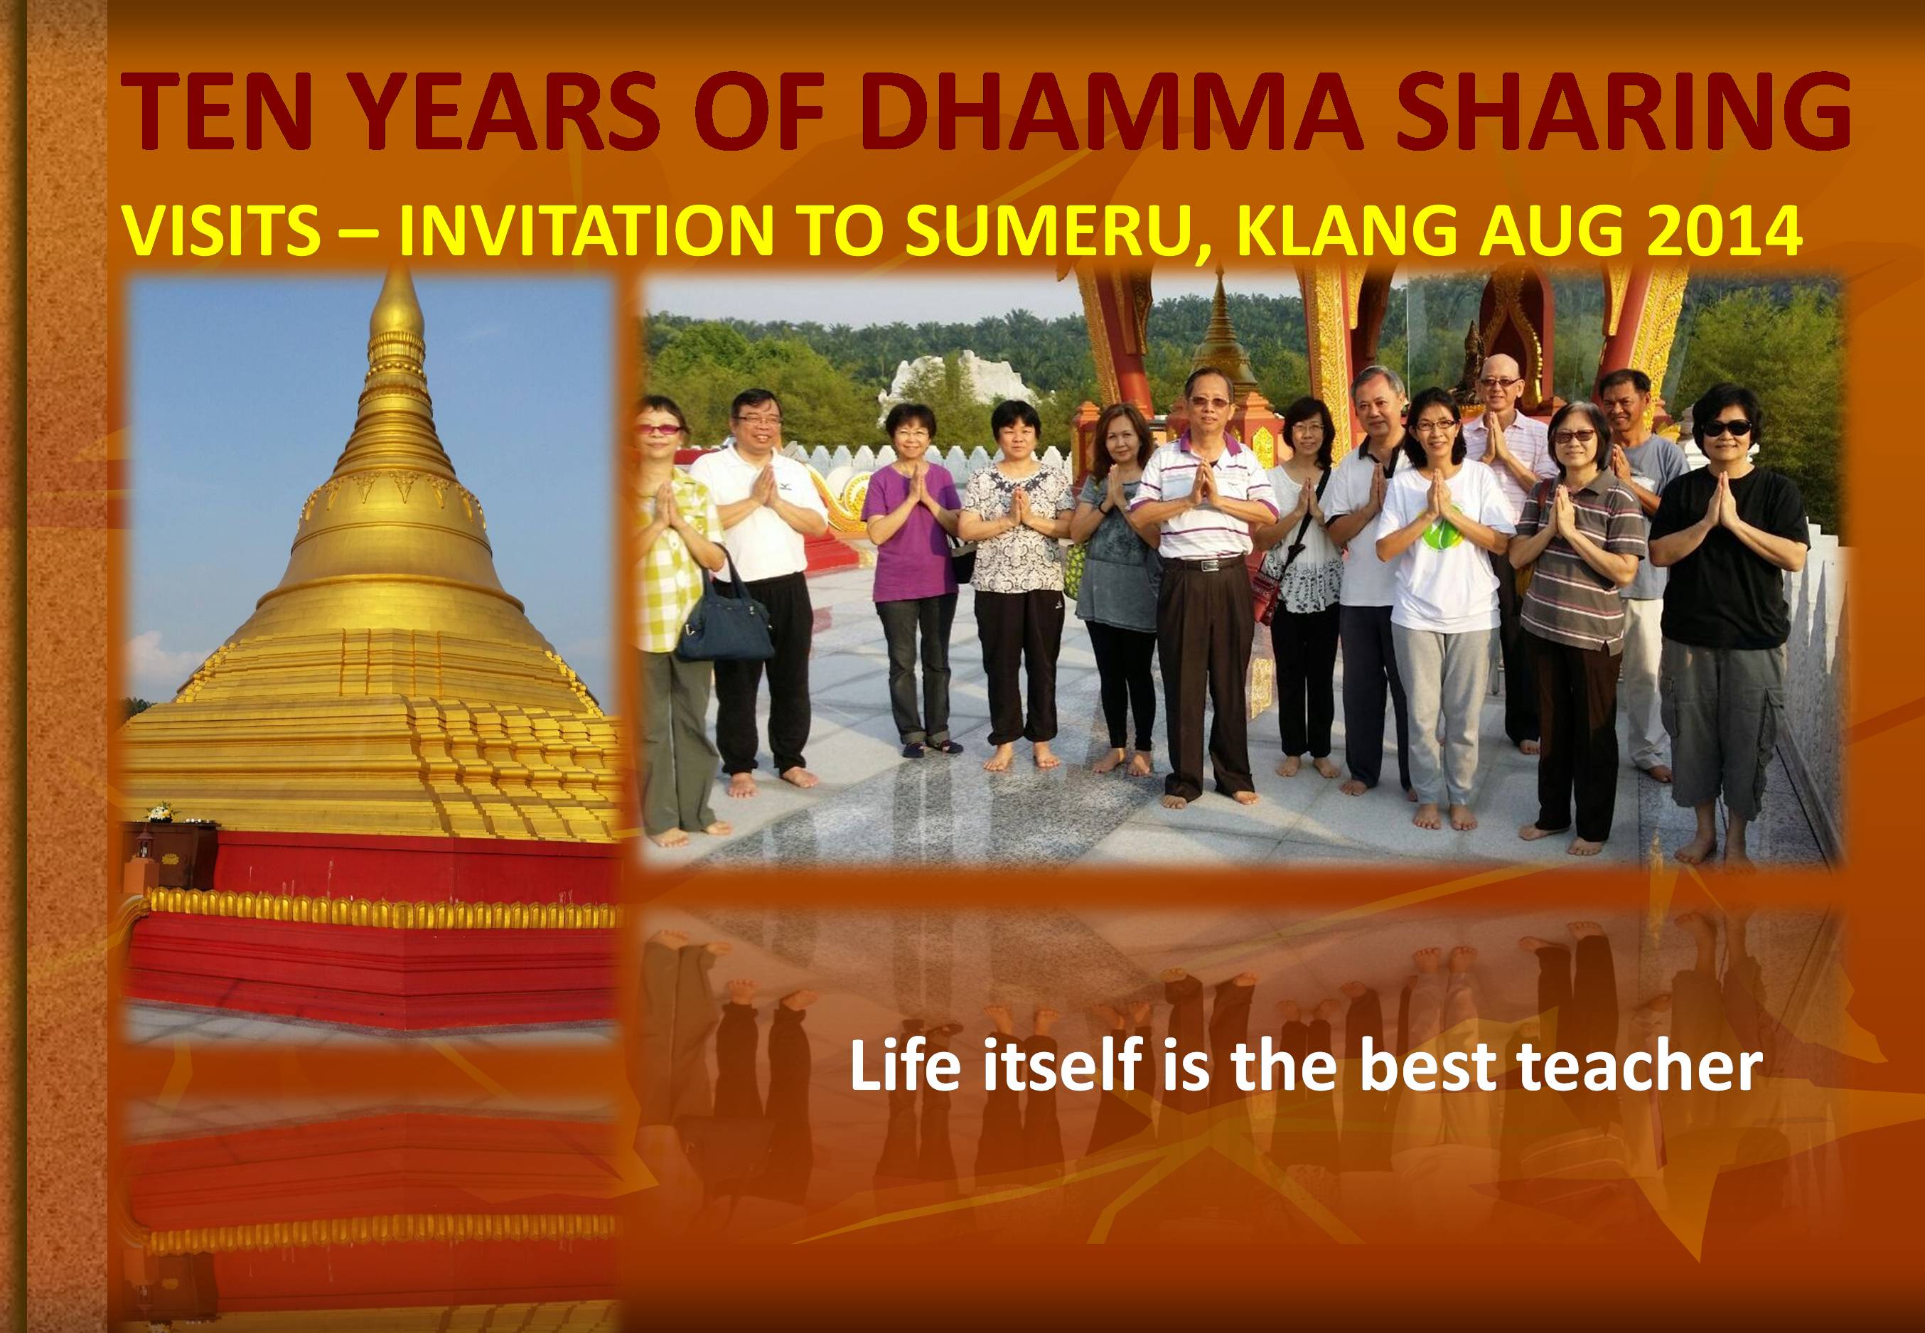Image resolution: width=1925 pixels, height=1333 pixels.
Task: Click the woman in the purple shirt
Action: [x=913, y=577]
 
